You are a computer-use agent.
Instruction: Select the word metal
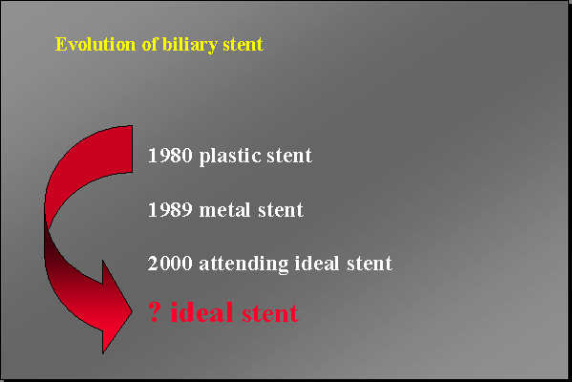[x=225, y=209]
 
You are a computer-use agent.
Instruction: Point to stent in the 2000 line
[x=371, y=263]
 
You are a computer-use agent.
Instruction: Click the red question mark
[x=154, y=312]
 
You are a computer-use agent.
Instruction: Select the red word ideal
[x=201, y=311]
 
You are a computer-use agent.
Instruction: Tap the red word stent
[x=269, y=312]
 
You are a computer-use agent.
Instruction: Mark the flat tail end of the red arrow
[x=131, y=149]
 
